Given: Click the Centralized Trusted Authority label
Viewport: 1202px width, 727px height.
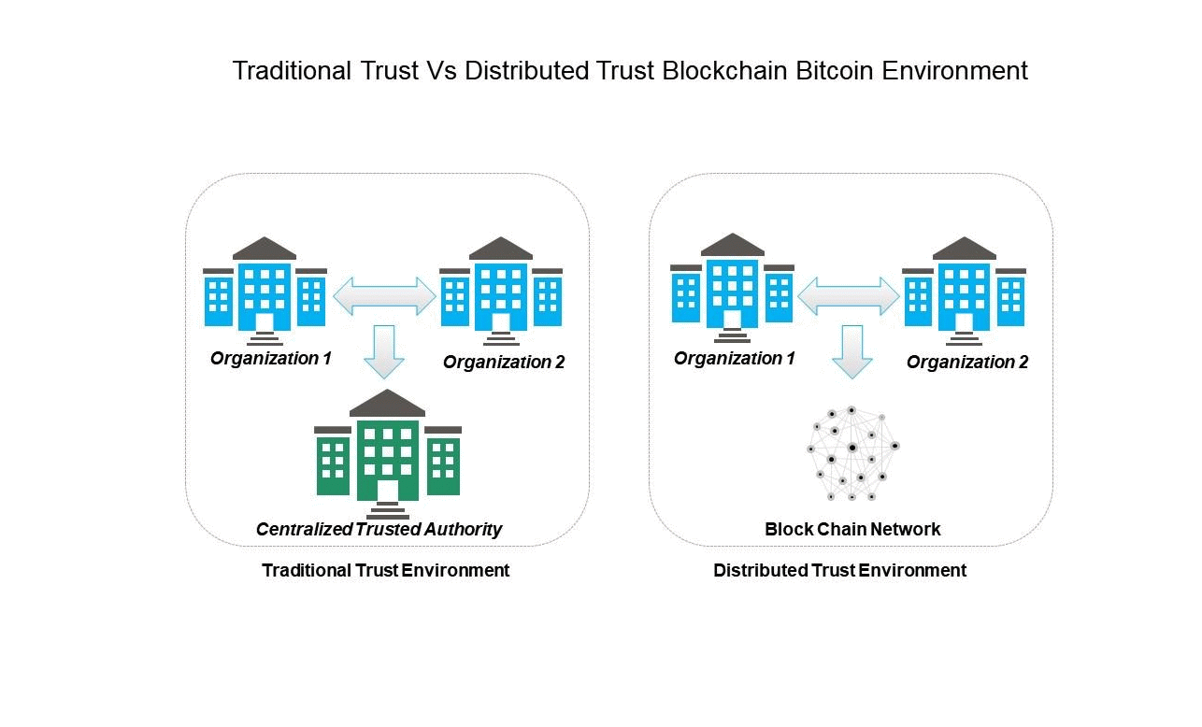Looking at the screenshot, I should coord(379,530).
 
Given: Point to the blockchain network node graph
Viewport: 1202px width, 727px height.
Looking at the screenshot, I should coord(851,453).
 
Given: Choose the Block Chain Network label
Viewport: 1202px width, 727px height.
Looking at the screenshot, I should coord(852,530).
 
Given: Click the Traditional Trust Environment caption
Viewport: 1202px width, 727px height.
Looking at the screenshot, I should coord(385,570).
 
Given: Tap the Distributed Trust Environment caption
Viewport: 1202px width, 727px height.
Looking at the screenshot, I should coord(839,570).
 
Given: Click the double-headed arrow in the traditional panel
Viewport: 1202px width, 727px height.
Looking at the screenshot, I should coord(384,296).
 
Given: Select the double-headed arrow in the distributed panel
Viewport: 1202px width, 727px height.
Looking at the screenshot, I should coord(848,296).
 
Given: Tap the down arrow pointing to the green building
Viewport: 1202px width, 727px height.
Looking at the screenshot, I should coord(384,351).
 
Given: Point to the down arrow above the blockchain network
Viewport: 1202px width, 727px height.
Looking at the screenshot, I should coord(851,351).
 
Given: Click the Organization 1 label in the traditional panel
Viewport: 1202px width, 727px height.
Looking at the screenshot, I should coord(271,358).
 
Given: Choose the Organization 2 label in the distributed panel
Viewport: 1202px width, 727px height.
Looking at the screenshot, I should coord(966,363).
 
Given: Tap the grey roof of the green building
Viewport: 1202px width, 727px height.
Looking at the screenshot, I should coord(387,404).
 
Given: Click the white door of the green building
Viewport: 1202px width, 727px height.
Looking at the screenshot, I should coord(387,490).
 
